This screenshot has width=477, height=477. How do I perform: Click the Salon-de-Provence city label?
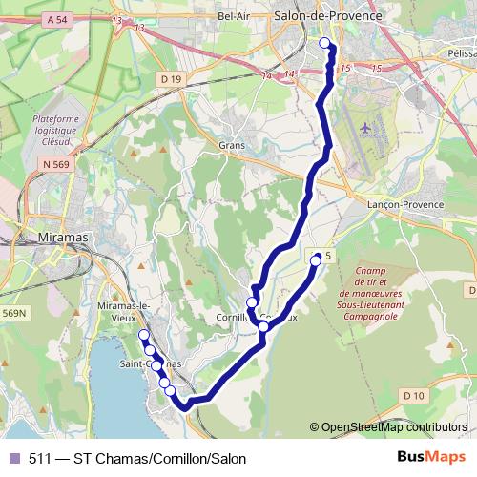tap(327, 16)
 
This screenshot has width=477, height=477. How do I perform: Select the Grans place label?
tap(232, 146)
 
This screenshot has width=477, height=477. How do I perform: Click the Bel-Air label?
tap(234, 16)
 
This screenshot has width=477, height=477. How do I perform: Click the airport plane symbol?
tap(369, 126)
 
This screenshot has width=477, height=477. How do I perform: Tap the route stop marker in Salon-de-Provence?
tap(324, 42)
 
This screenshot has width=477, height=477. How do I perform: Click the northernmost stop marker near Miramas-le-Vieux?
tap(143, 334)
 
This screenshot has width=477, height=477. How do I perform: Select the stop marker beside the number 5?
tap(316, 258)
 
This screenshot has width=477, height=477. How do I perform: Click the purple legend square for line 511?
tap(13, 459)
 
